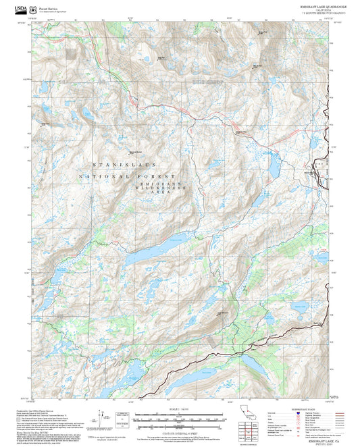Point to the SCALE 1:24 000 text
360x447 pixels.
(x=179, y=409)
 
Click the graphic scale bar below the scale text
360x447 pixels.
(x=179, y=419)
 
